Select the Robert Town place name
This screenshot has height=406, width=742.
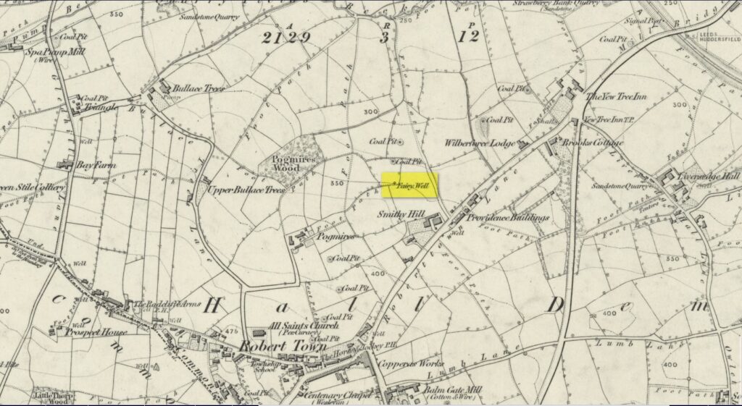[x=266, y=346]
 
